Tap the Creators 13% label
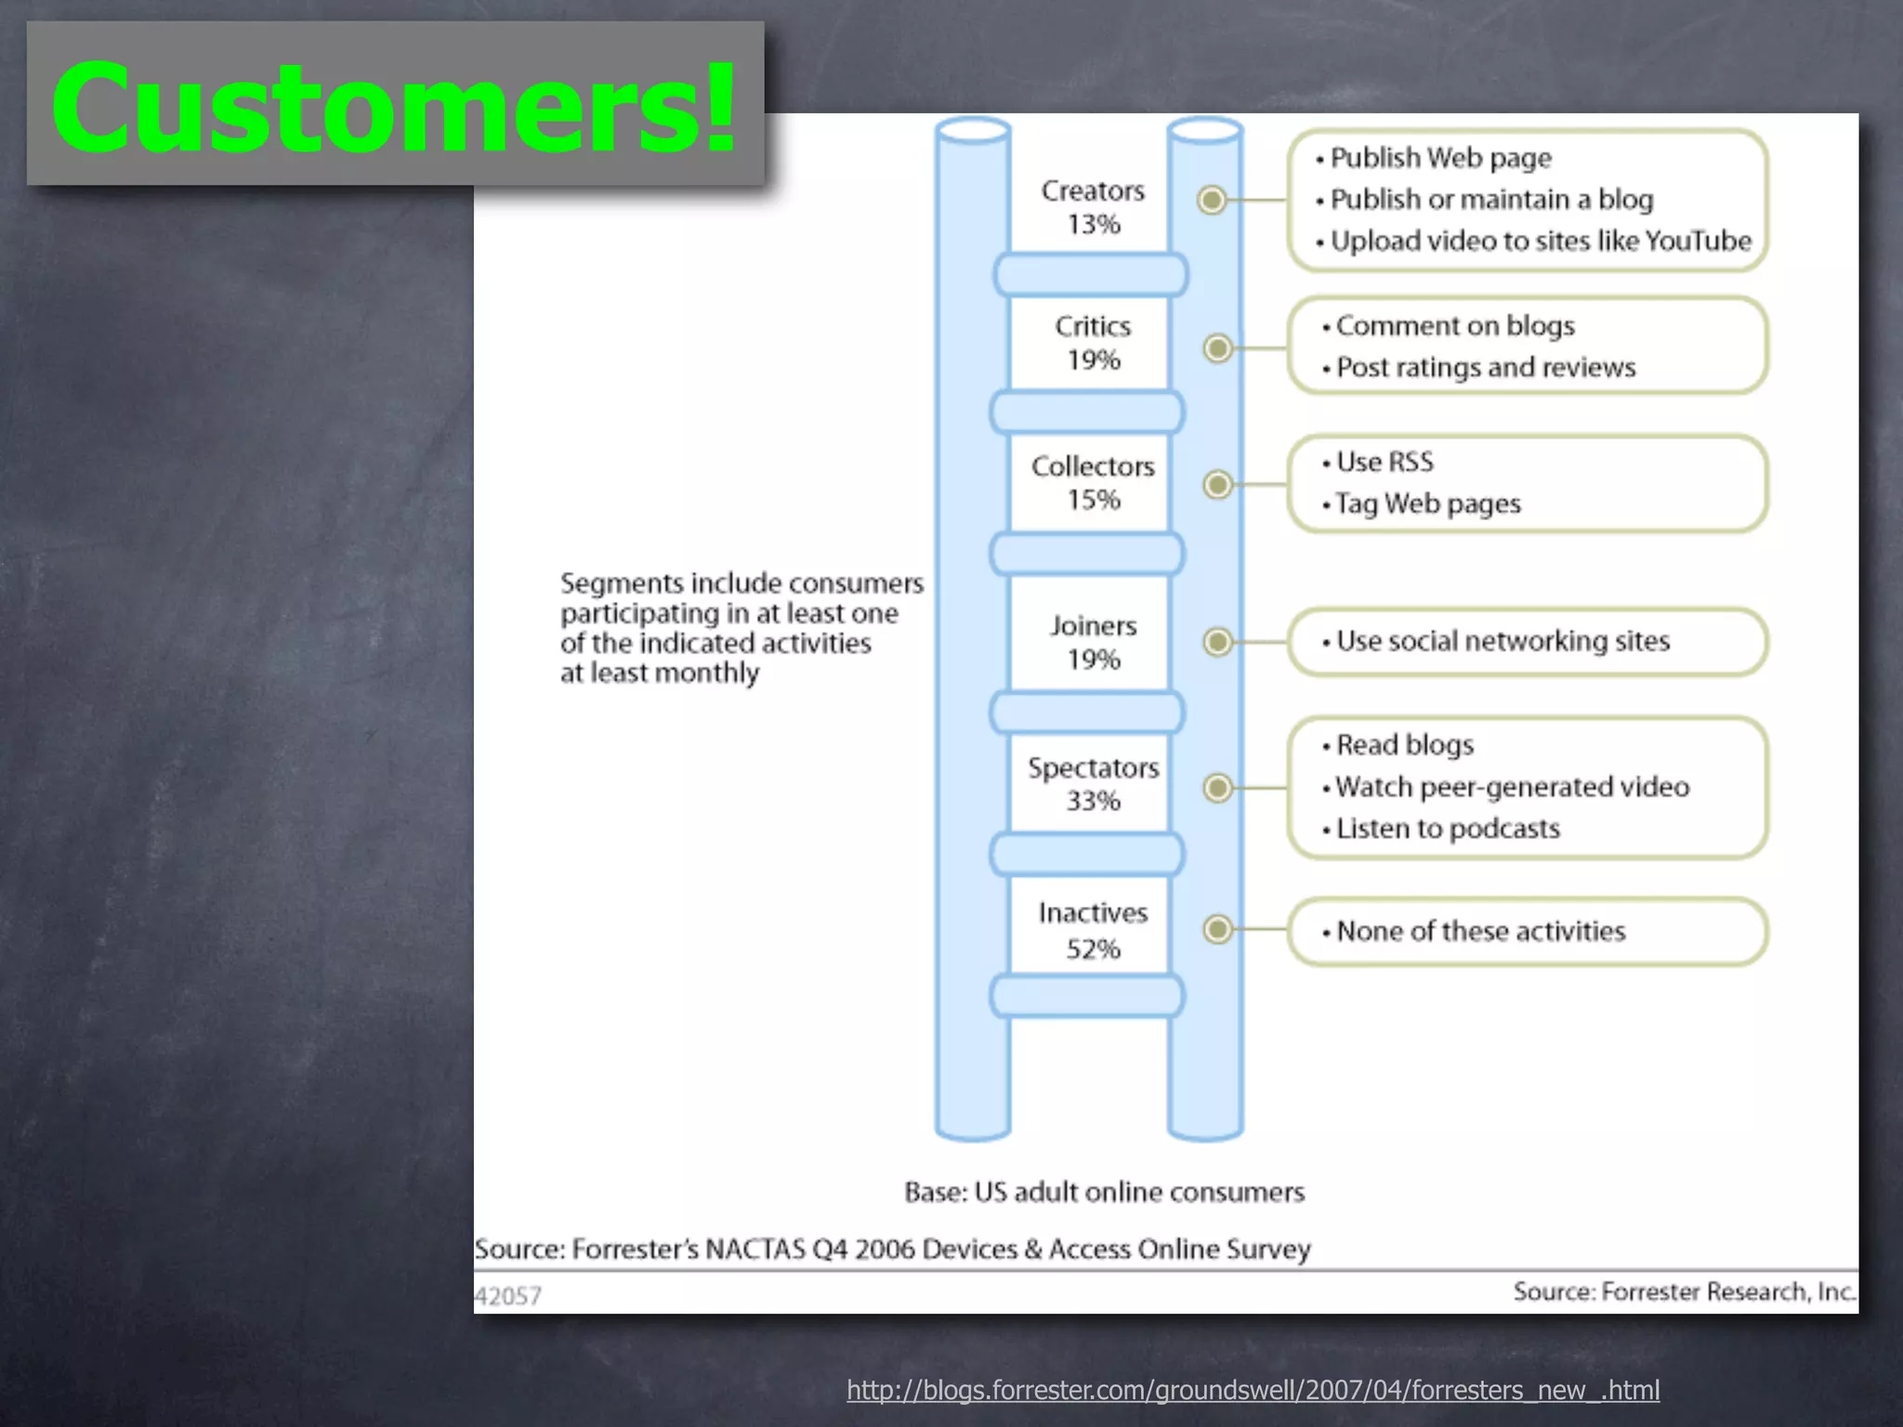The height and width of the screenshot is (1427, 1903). coord(1093,207)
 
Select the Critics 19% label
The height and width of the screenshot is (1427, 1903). coord(1093,343)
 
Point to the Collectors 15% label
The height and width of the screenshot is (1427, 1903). coord(1093,482)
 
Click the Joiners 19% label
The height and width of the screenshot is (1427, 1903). coord(1093,642)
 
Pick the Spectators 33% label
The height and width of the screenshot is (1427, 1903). coord(1093,783)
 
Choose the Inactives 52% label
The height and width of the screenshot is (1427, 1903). coord(1093,930)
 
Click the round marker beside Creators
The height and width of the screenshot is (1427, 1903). coord(1211,200)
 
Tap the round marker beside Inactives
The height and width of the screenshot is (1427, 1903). coord(1217,929)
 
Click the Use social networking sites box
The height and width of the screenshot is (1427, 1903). coord(1527,642)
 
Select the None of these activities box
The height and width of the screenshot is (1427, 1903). coord(1527,931)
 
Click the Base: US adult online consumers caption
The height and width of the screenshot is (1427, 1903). coord(1104,1192)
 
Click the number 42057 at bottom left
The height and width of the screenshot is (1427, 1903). coord(507,1296)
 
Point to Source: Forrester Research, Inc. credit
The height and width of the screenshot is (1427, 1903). coord(1683,1291)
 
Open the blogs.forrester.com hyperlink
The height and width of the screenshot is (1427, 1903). coord(1253,1390)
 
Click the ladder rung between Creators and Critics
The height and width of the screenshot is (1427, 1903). coord(1090,275)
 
